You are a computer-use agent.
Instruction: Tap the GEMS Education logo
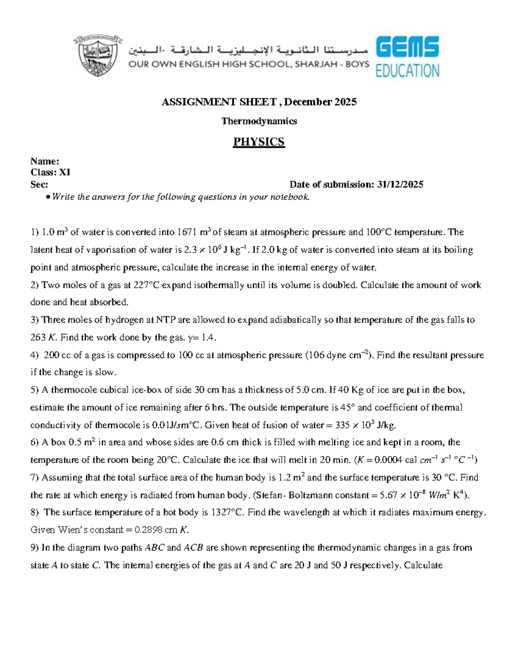(x=407, y=57)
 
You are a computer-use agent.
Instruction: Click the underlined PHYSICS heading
(x=259, y=142)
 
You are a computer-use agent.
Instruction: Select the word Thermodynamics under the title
(x=259, y=121)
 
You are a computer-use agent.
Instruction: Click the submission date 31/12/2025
(x=400, y=185)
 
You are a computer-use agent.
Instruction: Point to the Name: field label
(x=44, y=161)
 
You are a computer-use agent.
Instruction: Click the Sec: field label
(x=39, y=185)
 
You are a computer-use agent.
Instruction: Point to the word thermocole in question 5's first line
(x=74, y=390)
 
